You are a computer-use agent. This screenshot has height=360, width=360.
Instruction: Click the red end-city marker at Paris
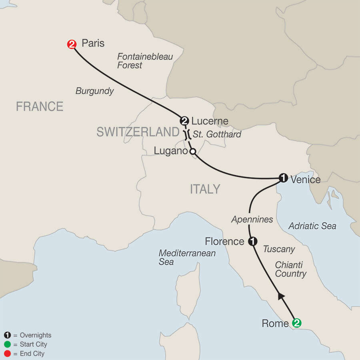click(x=72, y=44)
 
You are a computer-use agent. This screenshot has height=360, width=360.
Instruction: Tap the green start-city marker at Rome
click(x=296, y=322)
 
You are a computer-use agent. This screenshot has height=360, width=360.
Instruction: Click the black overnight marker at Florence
click(x=252, y=241)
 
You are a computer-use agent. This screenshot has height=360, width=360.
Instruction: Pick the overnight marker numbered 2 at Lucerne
click(x=184, y=120)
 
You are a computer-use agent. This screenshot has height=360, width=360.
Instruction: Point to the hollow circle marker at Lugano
click(x=192, y=152)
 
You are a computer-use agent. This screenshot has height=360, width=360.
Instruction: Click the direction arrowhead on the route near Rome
click(x=281, y=296)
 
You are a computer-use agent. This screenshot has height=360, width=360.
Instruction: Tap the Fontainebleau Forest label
click(x=145, y=61)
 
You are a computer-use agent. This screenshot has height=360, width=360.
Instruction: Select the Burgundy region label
click(x=95, y=91)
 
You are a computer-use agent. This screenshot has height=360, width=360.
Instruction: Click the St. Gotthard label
click(x=217, y=134)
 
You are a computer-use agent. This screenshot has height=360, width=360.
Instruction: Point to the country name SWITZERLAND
click(x=137, y=132)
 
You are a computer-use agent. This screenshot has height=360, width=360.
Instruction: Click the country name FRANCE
click(x=40, y=106)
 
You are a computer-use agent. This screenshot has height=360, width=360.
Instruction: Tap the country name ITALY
click(x=205, y=189)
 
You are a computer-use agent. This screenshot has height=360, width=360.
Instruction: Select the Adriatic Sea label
click(x=312, y=226)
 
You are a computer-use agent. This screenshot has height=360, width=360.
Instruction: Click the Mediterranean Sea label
click(x=187, y=258)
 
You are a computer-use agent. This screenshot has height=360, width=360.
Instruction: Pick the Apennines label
click(x=252, y=219)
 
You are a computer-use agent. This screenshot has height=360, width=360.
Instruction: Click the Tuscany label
click(x=279, y=249)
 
